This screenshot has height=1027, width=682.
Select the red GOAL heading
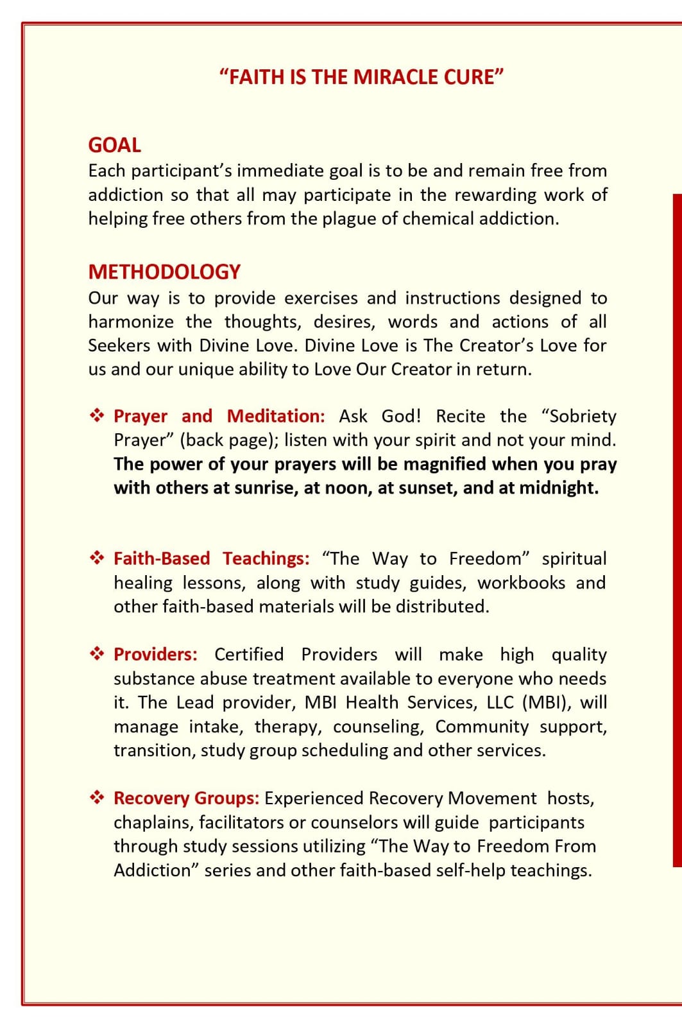(114, 145)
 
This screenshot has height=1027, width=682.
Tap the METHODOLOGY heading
(164, 272)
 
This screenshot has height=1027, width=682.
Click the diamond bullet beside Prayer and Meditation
(97, 416)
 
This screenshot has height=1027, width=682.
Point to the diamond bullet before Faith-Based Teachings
(97, 558)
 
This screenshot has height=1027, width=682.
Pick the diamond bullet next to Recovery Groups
(97, 798)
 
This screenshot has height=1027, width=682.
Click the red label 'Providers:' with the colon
(155, 654)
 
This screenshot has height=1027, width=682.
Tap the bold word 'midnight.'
(558, 488)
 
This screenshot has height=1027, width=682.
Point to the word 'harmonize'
(131, 322)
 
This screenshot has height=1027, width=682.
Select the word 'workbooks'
(521, 583)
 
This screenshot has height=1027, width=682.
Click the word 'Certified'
(249, 654)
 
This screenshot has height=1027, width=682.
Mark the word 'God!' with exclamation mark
(402, 416)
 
